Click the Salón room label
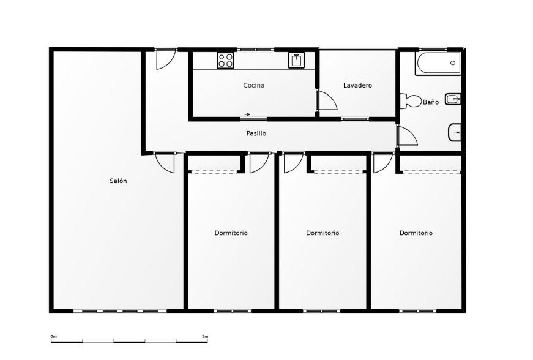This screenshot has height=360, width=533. pos(118,181)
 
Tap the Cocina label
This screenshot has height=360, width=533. pos(254,85)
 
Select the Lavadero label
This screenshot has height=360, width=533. pos(357,85)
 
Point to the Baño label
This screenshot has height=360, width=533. pos(431,102)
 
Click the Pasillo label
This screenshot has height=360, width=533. pos(256,133)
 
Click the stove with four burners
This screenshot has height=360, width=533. pos(225,60)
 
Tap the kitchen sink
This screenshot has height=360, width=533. pos(296,60)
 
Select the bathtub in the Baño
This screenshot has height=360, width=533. pos(438,63)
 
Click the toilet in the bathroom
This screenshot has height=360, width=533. pos(410,101)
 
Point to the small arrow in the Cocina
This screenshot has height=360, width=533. pos(247,114)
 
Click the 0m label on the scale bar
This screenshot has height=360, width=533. pos(54,337)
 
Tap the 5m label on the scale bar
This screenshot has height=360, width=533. pos(205,337)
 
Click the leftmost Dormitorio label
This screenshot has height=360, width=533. pos(231,233)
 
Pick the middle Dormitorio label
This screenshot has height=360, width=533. pos(322,233)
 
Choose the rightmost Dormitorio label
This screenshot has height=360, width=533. pos(416,233)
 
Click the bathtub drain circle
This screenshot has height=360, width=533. pos(453,63)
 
